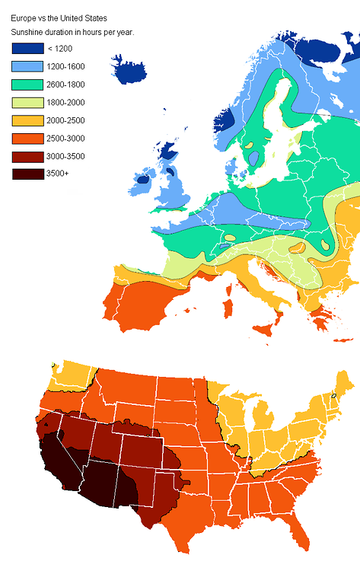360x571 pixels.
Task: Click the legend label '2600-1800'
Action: click(65, 85)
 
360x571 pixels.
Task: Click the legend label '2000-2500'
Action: click(65, 120)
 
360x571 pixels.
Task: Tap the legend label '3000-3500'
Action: click(65, 156)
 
